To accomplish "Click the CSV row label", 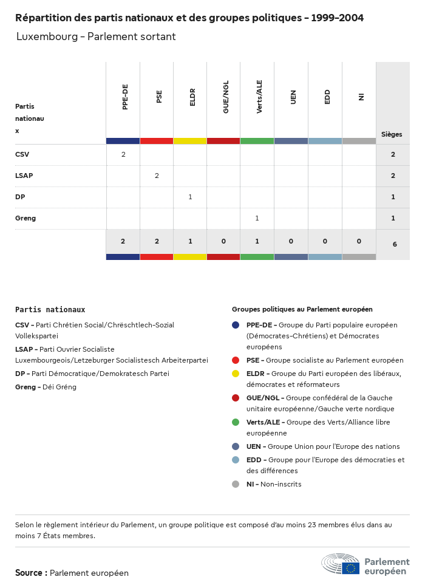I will tap(22, 154).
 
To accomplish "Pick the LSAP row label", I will tap(24, 176).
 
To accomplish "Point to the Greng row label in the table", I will tap(25, 218).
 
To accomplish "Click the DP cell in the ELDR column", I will tap(190, 197).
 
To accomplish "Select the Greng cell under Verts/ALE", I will tap(257, 218).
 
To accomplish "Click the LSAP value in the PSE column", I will tap(157, 176).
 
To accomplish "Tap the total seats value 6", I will tap(393, 244).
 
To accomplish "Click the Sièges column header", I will tap(392, 134).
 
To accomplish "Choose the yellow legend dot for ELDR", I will tap(236, 374).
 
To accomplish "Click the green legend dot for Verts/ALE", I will tap(236, 422).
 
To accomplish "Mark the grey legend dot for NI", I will tap(236, 484).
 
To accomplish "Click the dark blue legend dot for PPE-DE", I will tap(236, 325).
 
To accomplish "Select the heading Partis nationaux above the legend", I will tap(50, 309).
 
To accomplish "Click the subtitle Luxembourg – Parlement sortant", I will tap(96, 36).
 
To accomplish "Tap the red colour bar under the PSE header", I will tap(157, 141).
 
